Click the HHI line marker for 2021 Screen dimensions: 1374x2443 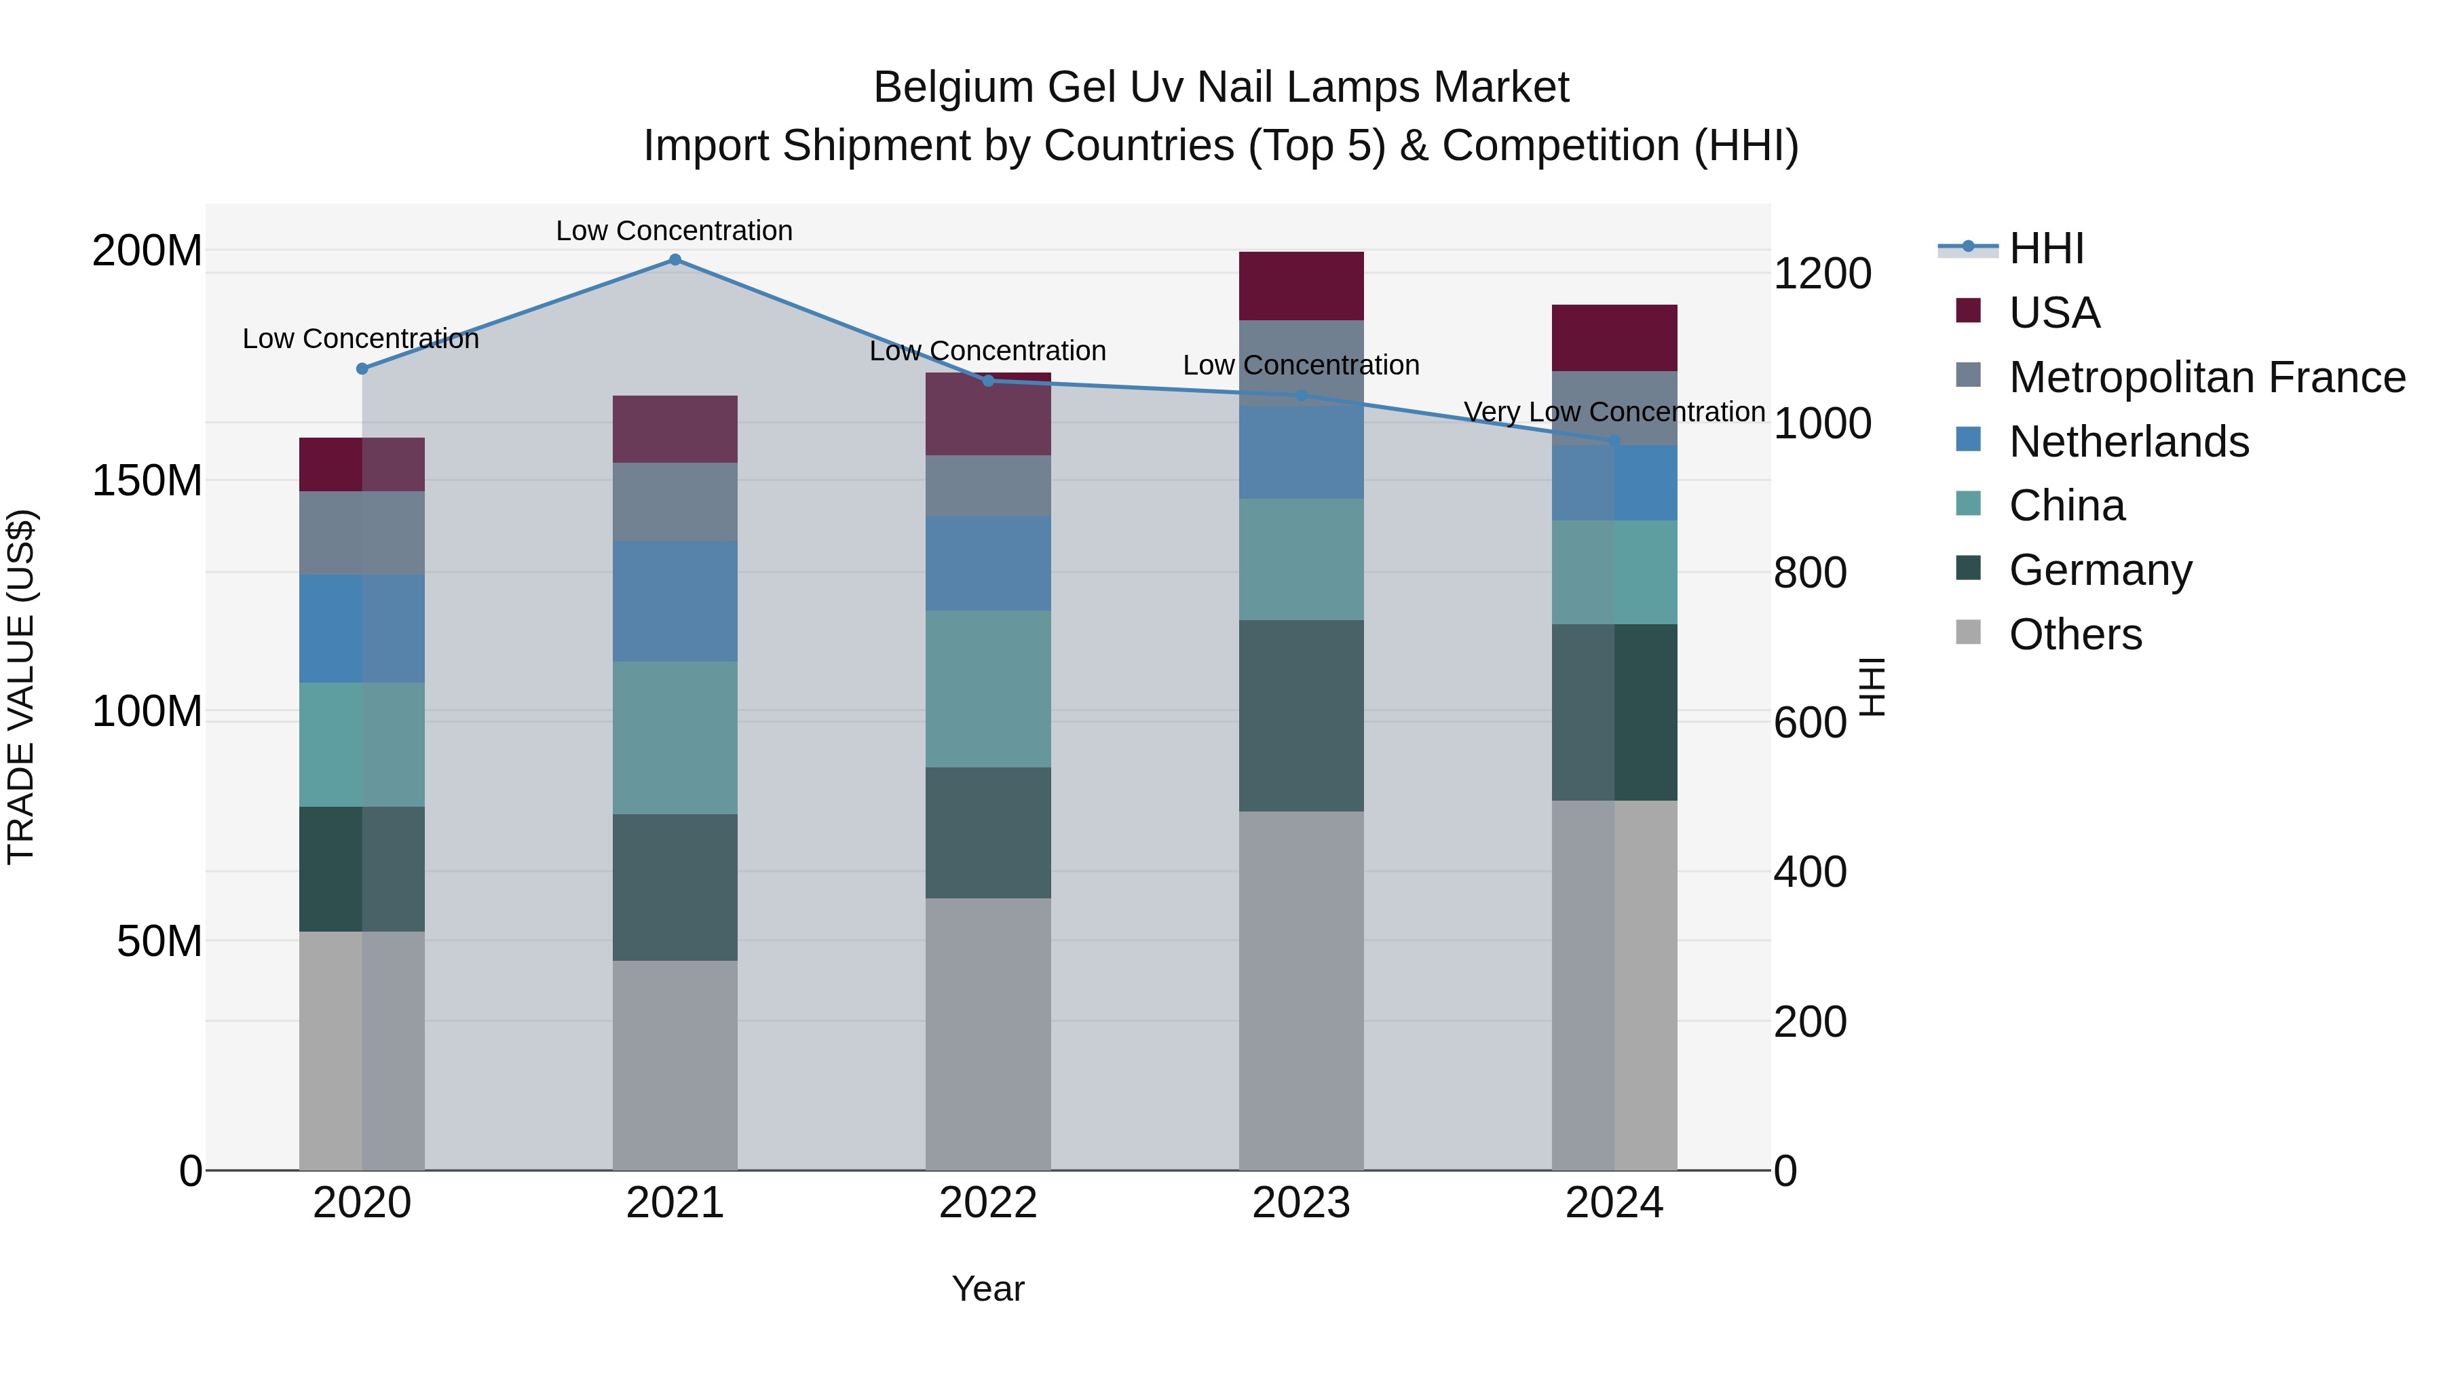tap(675, 259)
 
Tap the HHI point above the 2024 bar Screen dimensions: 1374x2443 tap(1614, 441)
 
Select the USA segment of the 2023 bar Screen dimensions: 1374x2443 tap(1300, 286)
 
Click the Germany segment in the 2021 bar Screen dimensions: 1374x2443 tap(675, 887)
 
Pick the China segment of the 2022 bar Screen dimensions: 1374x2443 tap(987, 689)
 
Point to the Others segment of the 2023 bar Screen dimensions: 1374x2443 tap(1300, 990)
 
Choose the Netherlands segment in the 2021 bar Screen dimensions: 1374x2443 tap(675, 600)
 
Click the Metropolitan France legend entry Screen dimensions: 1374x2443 tap(2206, 377)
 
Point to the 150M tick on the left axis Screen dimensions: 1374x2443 tap(147, 481)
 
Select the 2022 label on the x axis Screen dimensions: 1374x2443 tap(987, 1203)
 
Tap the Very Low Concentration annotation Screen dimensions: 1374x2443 tap(1614, 412)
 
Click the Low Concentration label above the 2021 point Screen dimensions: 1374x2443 tap(675, 231)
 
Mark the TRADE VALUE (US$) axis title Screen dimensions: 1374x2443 tap(21, 687)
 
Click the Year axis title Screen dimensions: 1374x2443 tap(987, 1289)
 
